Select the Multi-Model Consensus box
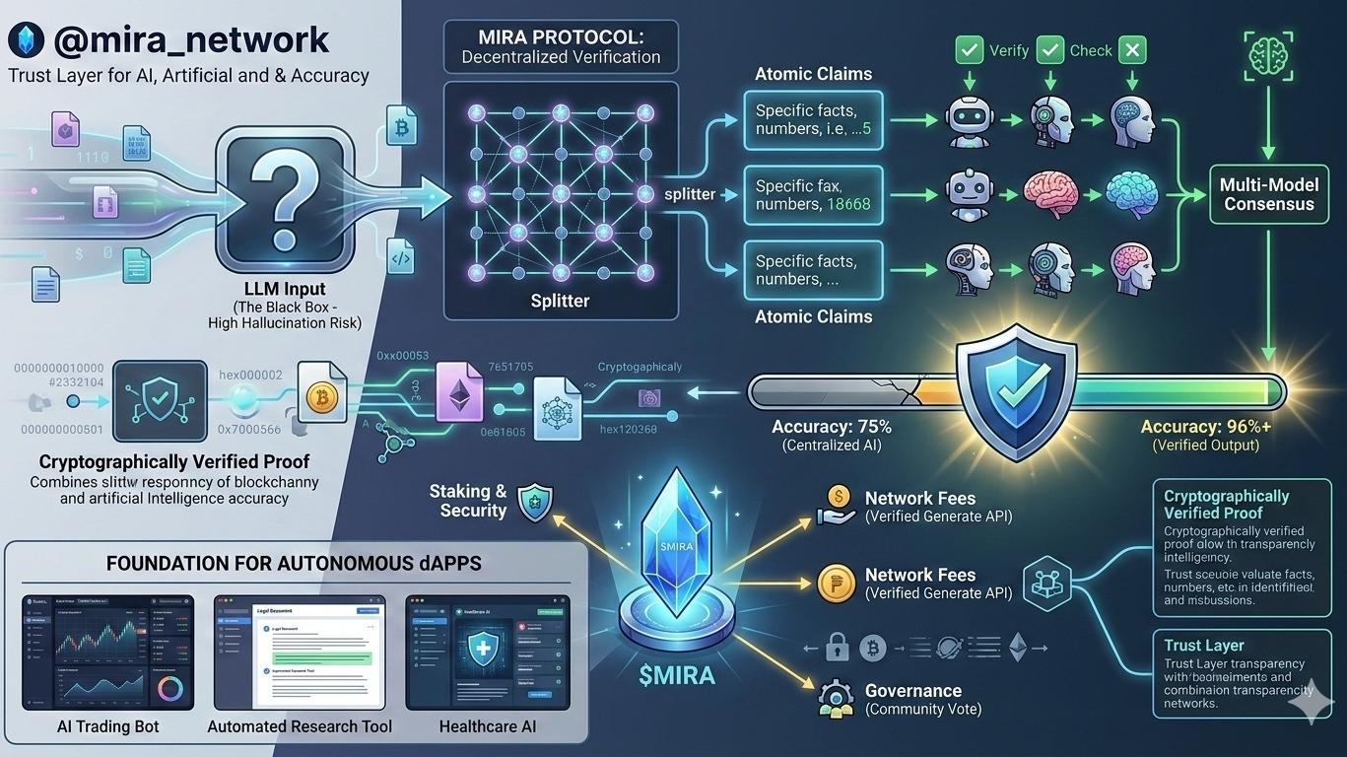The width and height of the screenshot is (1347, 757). click(x=1268, y=194)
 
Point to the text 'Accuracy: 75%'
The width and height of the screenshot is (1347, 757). click(x=831, y=427)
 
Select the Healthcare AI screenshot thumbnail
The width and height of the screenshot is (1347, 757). click(x=488, y=652)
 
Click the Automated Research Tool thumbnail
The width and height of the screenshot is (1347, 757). click(x=300, y=652)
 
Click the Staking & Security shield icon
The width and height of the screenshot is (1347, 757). click(x=533, y=501)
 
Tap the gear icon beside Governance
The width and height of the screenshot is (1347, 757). click(x=834, y=698)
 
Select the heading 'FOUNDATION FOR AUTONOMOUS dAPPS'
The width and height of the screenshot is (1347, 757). click(x=294, y=566)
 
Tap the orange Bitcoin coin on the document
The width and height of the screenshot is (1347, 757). click(x=317, y=398)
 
